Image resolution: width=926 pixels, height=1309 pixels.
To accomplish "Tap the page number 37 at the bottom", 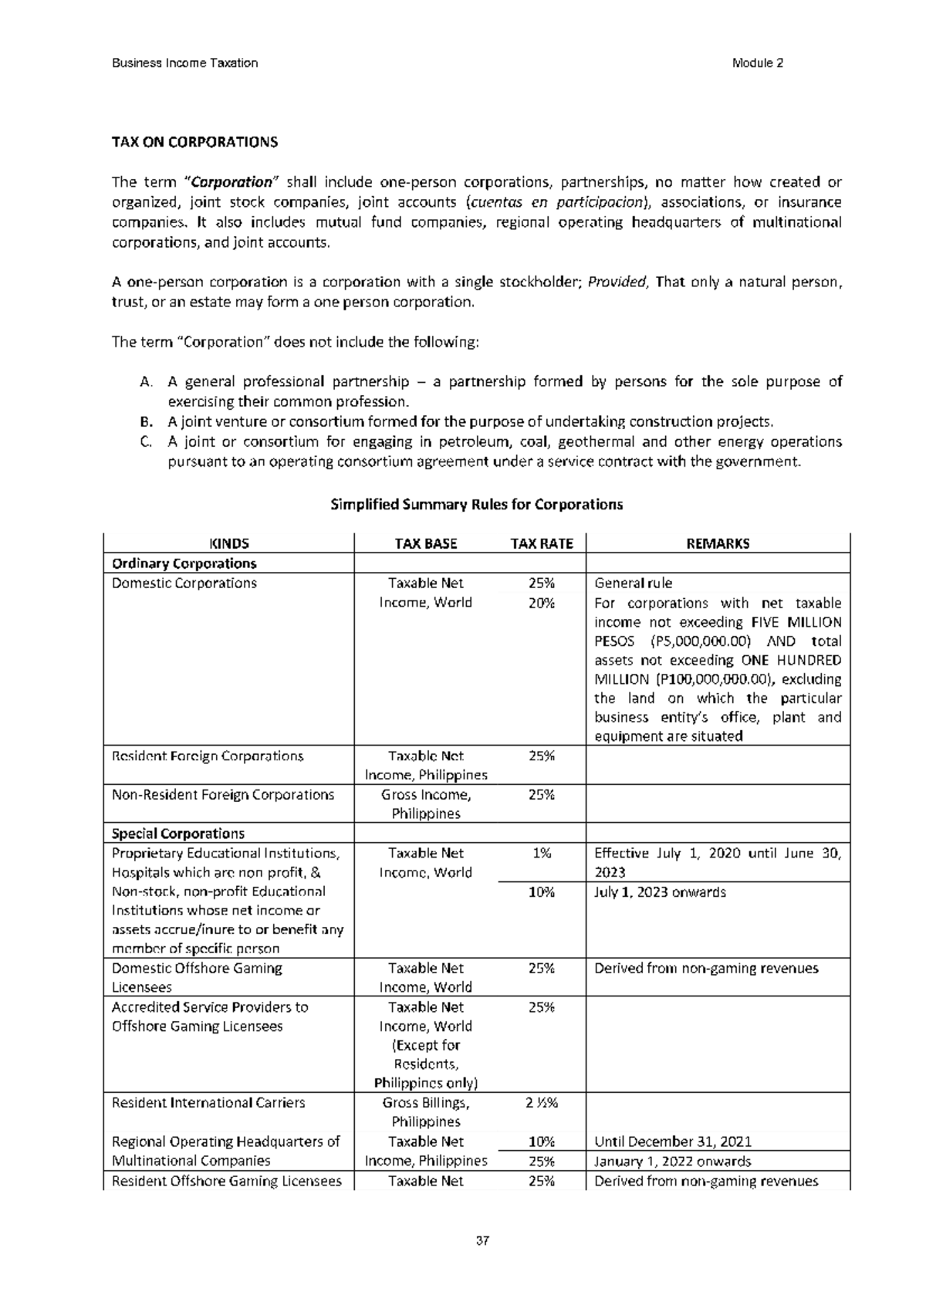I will click(483, 1242).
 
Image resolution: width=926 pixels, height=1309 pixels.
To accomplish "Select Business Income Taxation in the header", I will click(185, 63).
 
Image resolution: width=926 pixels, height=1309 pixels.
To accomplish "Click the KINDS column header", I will click(229, 543).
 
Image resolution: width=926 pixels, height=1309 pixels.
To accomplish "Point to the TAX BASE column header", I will click(426, 543).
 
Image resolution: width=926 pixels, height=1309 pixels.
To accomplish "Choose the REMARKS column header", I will click(718, 543).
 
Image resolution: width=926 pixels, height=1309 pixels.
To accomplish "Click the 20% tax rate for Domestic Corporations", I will click(541, 603).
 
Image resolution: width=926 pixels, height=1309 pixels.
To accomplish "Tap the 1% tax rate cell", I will click(541, 853).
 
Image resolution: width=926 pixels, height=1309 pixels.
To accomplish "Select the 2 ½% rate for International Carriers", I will click(541, 1102).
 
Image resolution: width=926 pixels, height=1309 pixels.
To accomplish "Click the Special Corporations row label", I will click(178, 834).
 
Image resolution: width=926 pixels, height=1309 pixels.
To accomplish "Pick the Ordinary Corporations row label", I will click(184, 563).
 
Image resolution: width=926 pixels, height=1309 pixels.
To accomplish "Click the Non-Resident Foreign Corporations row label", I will click(223, 794).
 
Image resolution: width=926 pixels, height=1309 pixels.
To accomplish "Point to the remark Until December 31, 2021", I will click(673, 1142).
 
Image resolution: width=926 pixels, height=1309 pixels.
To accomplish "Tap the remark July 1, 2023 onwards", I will click(661, 892).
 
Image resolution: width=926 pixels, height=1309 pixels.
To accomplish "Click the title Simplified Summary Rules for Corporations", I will click(476, 505).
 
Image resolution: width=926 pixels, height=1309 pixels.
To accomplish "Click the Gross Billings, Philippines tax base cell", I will click(426, 1111).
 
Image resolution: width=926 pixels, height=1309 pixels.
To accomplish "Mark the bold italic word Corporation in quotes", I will click(231, 183).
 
